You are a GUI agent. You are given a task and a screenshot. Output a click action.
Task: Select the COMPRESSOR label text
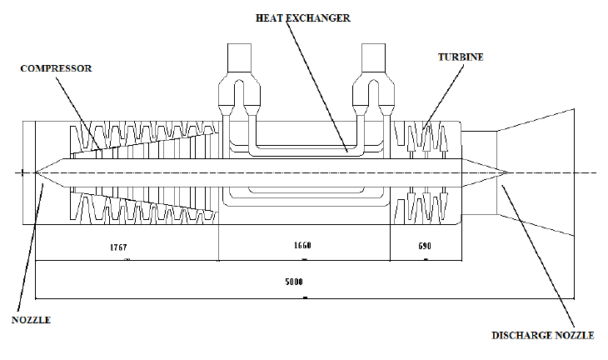tap(55, 68)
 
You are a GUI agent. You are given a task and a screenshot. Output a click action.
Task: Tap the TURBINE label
tap(461, 57)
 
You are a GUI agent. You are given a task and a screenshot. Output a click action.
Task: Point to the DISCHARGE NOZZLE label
tap(542, 335)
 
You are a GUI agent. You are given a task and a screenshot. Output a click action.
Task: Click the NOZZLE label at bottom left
tap(30, 318)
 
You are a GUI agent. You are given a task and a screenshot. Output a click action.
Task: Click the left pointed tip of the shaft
tap(37, 172)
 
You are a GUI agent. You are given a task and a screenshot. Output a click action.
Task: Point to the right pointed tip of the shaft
tap(506, 172)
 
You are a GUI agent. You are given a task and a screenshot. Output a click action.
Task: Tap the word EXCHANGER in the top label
tap(321, 17)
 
